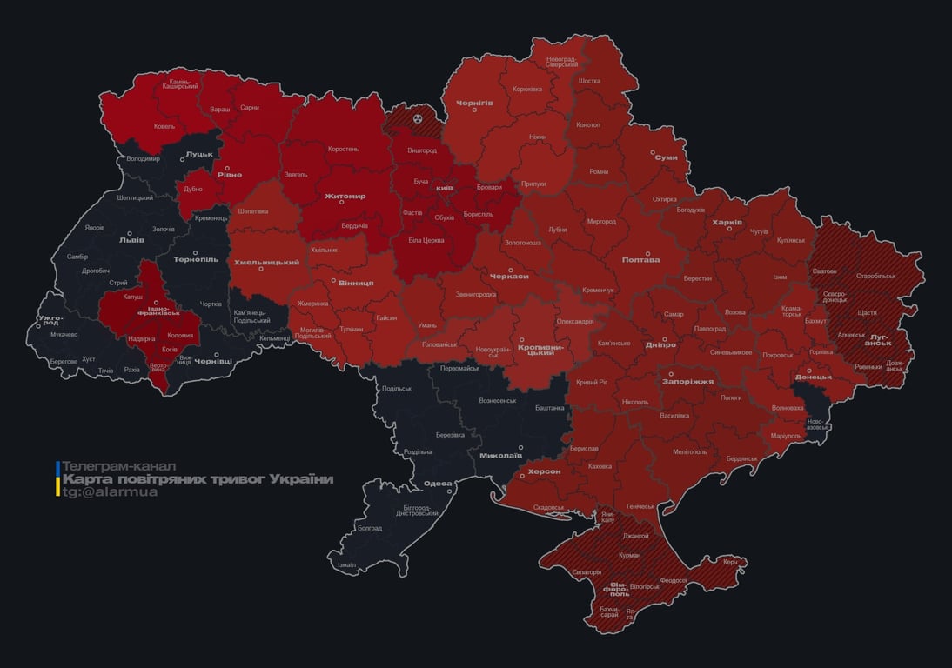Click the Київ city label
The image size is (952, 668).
(x=444, y=188)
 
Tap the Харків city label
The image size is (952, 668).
(x=727, y=223)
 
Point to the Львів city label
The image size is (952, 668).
(x=131, y=240)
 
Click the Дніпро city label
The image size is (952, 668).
(x=661, y=345)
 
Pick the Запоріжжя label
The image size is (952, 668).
(x=687, y=381)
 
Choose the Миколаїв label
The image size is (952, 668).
(x=500, y=455)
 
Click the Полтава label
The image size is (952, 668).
(x=640, y=259)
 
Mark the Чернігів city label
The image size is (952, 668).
(x=474, y=103)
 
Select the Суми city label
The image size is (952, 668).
(x=666, y=157)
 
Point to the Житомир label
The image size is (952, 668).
(x=345, y=196)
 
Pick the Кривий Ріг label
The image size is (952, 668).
(x=592, y=382)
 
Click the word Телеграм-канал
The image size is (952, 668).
(x=119, y=466)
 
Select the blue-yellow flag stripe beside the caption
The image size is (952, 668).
(x=57, y=479)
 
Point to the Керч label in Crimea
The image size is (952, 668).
(x=729, y=562)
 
